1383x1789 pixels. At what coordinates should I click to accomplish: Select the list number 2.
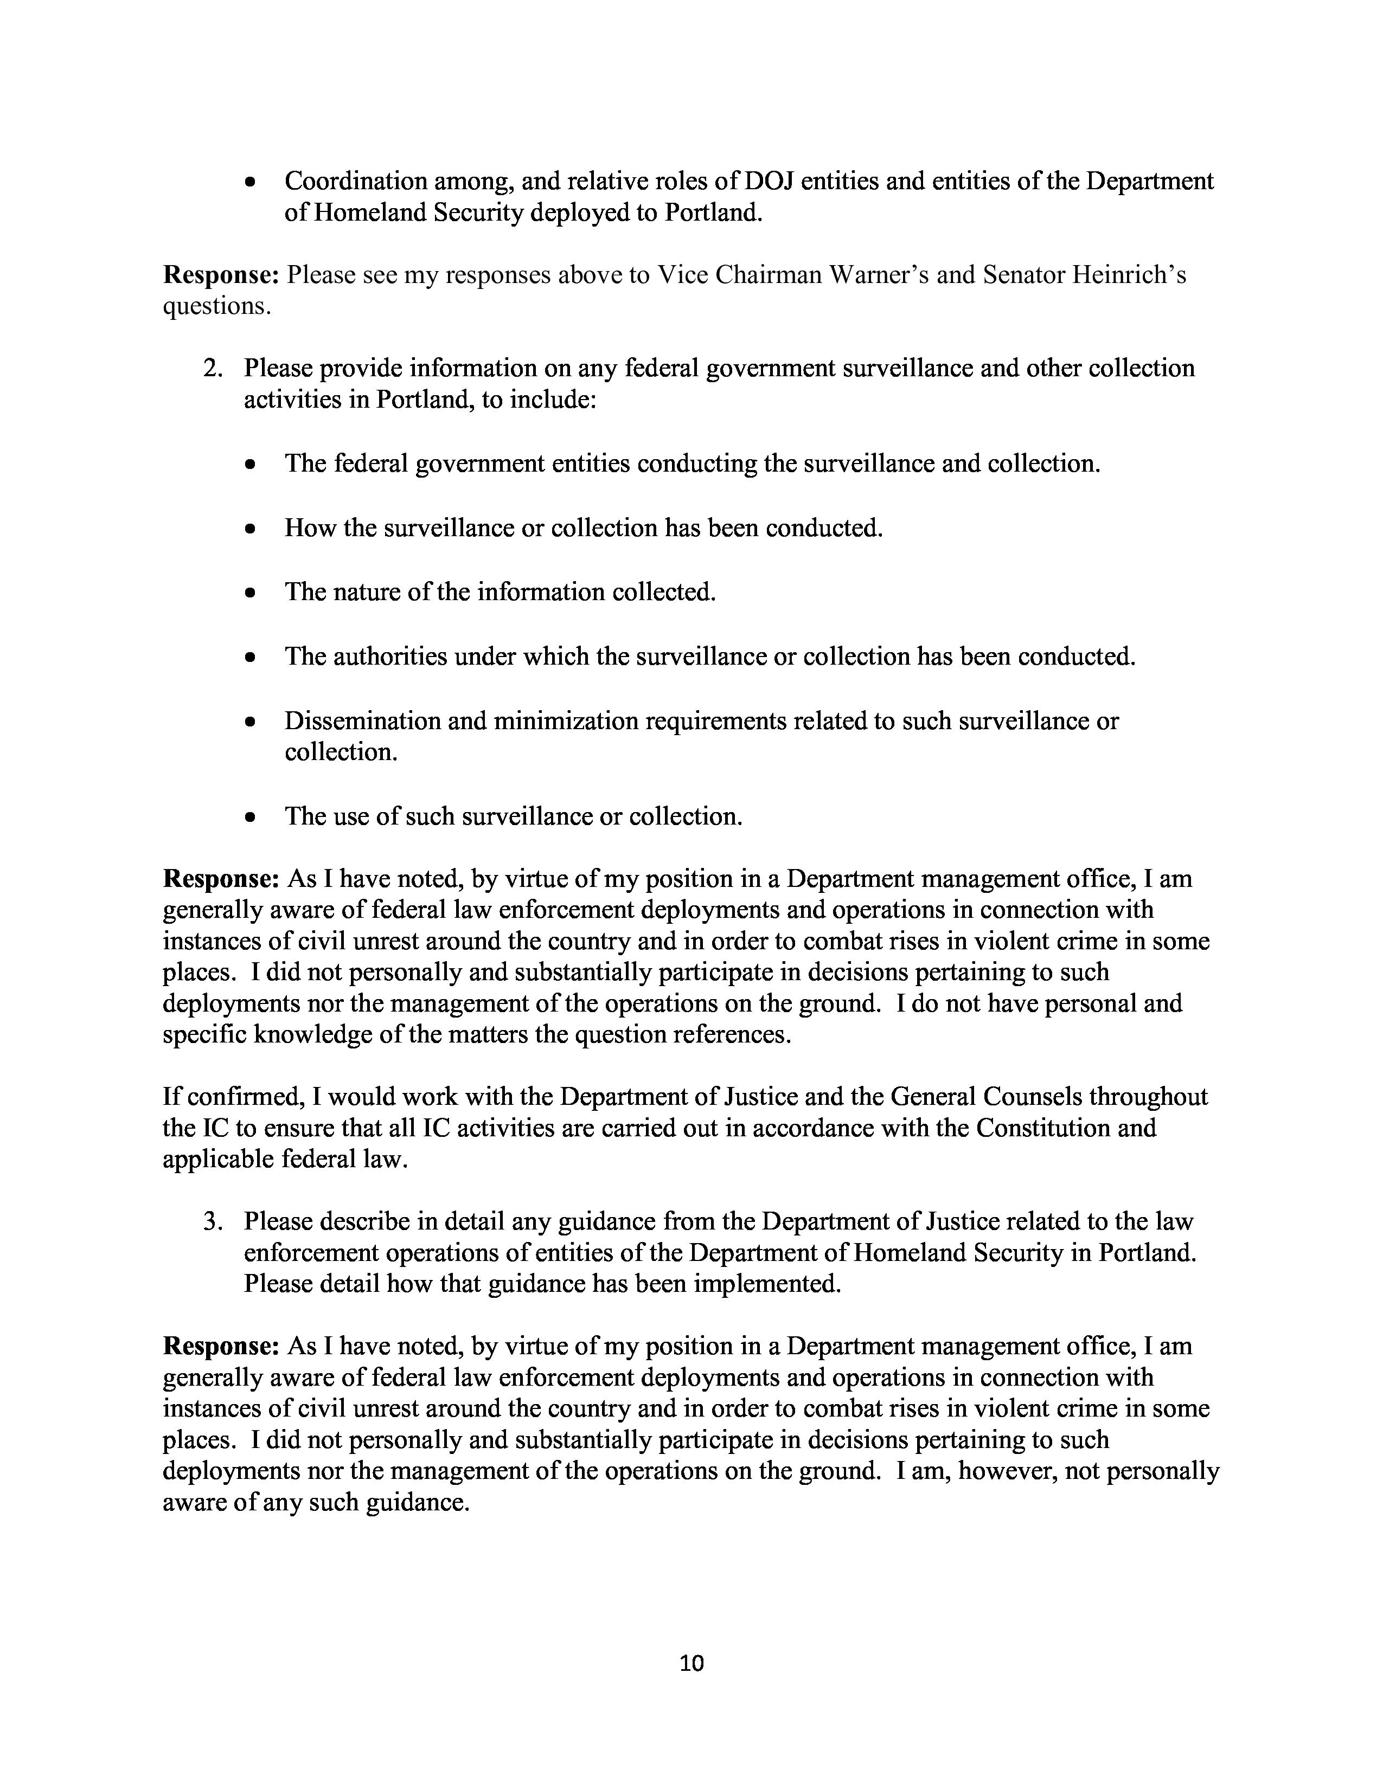[x=212, y=369]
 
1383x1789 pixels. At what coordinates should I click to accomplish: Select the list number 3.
[x=212, y=1221]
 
